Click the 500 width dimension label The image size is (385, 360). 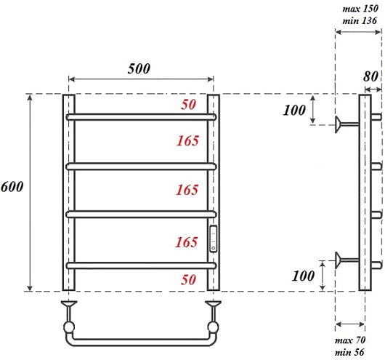139,68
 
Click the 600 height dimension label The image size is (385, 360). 12,187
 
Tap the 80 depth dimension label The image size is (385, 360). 370,76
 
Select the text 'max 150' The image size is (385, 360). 360,9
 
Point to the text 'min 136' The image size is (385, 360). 360,20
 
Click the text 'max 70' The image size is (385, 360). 350,340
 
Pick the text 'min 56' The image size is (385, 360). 349,352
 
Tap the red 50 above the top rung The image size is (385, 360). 189,105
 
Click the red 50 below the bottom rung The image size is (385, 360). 189,279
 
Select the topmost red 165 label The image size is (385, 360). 187,141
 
